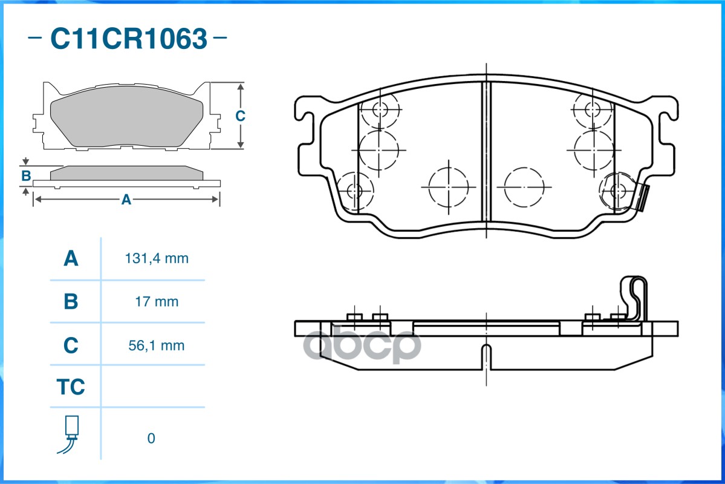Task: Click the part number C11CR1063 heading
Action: pos(129,38)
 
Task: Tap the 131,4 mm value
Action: pos(157,258)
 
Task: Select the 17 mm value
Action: pos(157,302)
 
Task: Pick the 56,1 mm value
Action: pos(156,345)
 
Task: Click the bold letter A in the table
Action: pos(71,258)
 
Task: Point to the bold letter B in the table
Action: pos(71,302)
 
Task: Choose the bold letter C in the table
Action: pos(71,345)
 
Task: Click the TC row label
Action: pos(71,387)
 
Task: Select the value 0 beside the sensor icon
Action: pos(151,438)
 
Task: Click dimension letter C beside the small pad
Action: pos(240,116)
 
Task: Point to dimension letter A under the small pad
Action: pos(126,200)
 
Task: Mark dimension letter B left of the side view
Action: pos(26,176)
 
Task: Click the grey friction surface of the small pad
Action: pos(126,116)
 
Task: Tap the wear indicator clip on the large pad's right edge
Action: pos(642,197)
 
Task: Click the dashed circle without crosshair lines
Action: pos(524,187)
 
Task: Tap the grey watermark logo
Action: pos(362,344)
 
